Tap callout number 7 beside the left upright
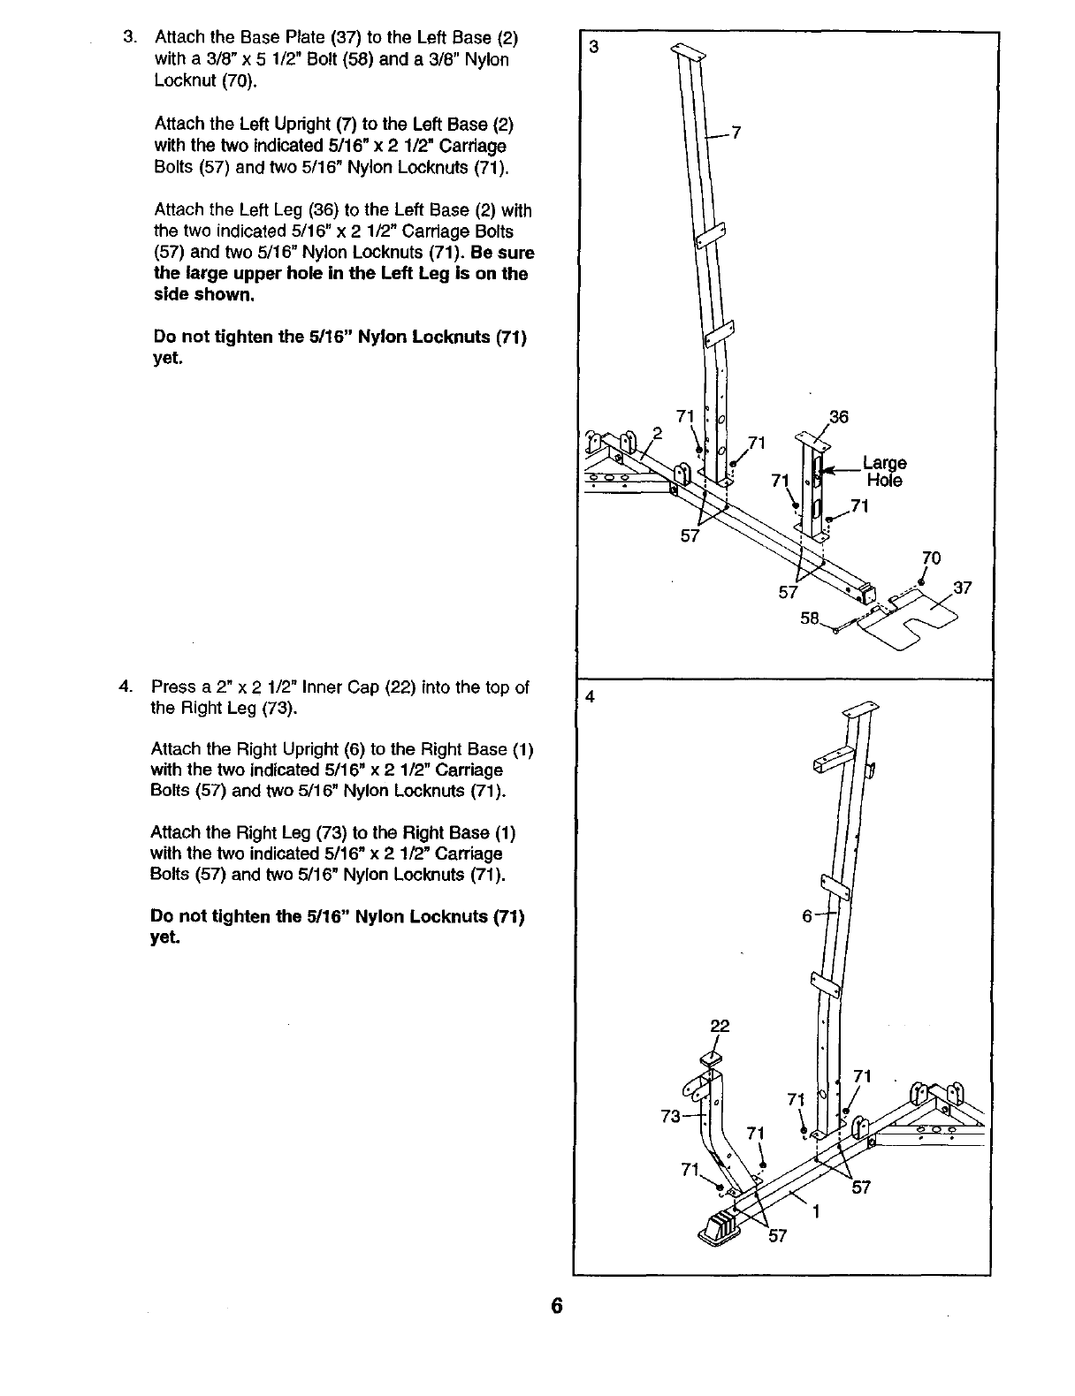[x=736, y=133]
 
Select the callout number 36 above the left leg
[x=838, y=417]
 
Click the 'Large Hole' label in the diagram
[x=885, y=472]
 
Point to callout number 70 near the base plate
[x=931, y=558]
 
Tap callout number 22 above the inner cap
[x=720, y=1026]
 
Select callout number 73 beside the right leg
[x=671, y=1116]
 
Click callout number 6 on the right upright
[x=807, y=916]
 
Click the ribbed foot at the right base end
[x=720, y=1229]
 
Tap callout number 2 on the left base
[x=657, y=432]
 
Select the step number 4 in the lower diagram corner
[x=590, y=695]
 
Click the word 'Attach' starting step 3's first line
[x=180, y=38]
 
